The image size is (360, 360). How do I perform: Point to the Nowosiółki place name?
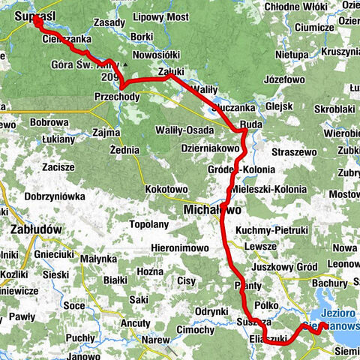point(156,55)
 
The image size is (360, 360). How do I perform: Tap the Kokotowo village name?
point(166,190)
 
